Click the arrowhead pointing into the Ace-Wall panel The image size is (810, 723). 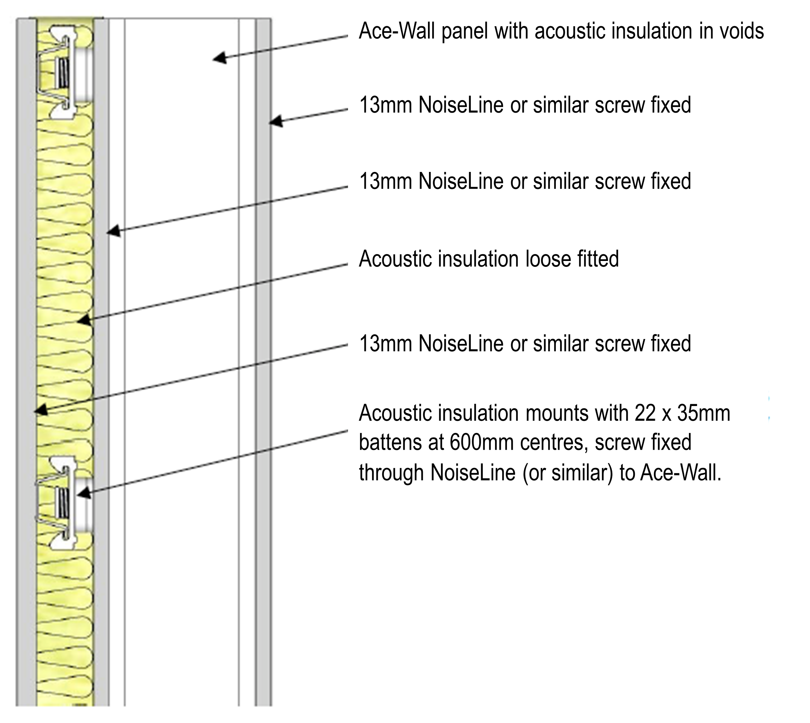pos(220,58)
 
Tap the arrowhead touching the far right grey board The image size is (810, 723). pos(276,121)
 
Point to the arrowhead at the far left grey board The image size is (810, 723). pos(41,410)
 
